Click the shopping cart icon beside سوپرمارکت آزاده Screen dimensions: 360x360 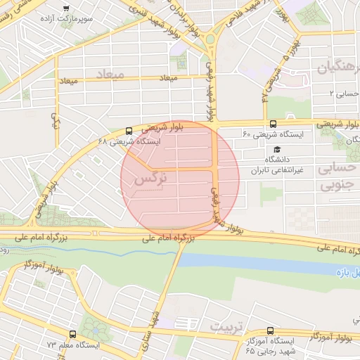click(x=66, y=9)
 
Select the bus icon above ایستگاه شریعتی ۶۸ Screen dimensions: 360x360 click(x=128, y=131)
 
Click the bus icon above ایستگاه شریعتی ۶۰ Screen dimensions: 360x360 click(x=273, y=124)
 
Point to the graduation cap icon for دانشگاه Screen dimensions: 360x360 click(x=278, y=150)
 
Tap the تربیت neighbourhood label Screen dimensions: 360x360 click(x=225, y=327)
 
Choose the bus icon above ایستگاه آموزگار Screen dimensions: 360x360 click(x=271, y=330)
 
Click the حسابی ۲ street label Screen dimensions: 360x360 click(x=345, y=92)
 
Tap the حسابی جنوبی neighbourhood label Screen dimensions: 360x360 click(x=339, y=177)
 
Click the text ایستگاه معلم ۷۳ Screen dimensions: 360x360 click(x=74, y=345)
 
